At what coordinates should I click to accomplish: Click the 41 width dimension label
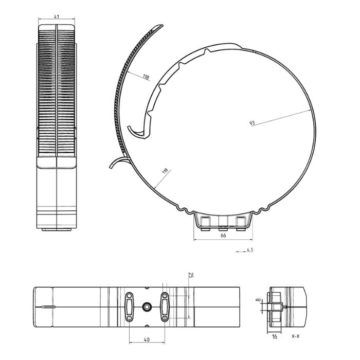pyautogui.click(x=57, y=17)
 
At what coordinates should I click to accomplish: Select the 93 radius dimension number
pyautogui.click(x=252, y=123)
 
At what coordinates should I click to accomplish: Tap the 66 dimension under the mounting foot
pyautogui.click(x=223, y=236)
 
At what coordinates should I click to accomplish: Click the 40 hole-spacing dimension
pyautogui.click(x=147, y=339)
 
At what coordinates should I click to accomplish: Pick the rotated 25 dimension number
pyautogui.click(x=191, y=277)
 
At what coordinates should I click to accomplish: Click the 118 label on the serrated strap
pyautogui.click(x=146, y=78)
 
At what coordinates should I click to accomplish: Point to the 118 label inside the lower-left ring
pyautogui.click(x=165, y=171)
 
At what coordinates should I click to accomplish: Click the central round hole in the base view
pyautogui.click(x=147, y=307)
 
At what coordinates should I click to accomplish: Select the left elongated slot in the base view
pyautogui.click(x=129, y=307)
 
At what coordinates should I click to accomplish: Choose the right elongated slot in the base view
pyautogui.click(x=165, y=307)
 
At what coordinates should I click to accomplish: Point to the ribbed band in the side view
pyautogui.click(x=57, y=93)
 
